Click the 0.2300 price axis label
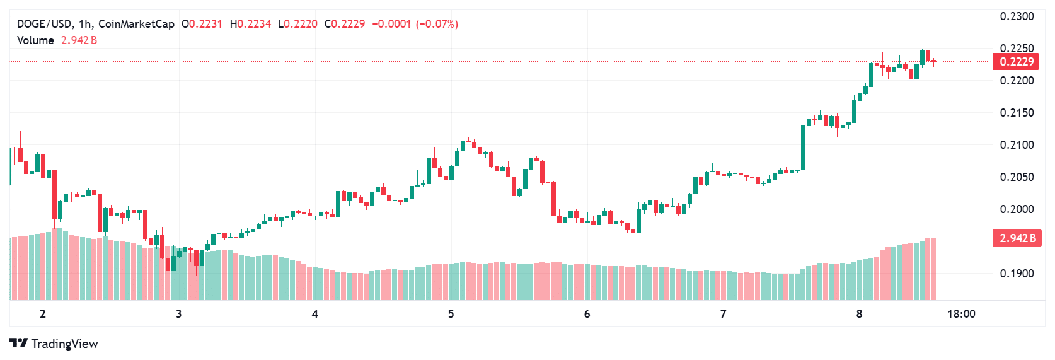tap(1017, 16)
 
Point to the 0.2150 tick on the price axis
tap(1017, 113)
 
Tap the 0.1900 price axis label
tap(1017, 274)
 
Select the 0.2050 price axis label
tap(1017, 177)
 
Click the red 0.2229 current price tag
tap(1017, 62)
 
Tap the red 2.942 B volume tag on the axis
tap(1017, 238)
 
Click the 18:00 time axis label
tap(961, 314)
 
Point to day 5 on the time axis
tap(451, 314)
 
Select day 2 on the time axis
tap(43, 314)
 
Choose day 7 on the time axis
tap(723, 314)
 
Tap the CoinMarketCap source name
tap(136, 24)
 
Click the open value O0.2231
tap(202, 24)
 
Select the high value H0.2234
tap(250, 24)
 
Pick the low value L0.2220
tap(297, 24)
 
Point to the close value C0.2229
tap(345, 24)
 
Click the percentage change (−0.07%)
tap(437, 24)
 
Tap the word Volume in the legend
tap(35, 40)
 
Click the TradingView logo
tap(54, 344)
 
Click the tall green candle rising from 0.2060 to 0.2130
tap(803, 148)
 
